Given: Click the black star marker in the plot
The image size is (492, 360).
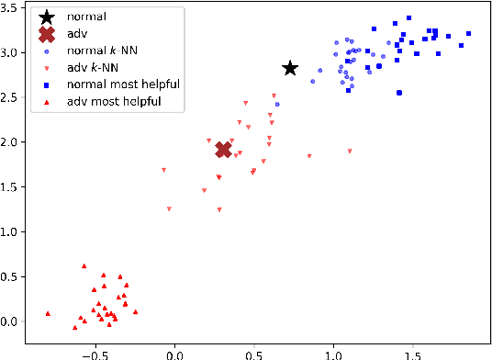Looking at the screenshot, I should pos(290,69).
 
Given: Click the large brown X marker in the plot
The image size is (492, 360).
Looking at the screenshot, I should pos(223,150).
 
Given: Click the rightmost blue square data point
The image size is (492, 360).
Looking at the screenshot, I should pos(468,33).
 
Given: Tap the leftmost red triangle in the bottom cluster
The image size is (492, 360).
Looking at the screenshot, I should pos(48,313).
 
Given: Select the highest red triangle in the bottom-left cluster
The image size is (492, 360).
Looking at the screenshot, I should pos(84,266).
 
